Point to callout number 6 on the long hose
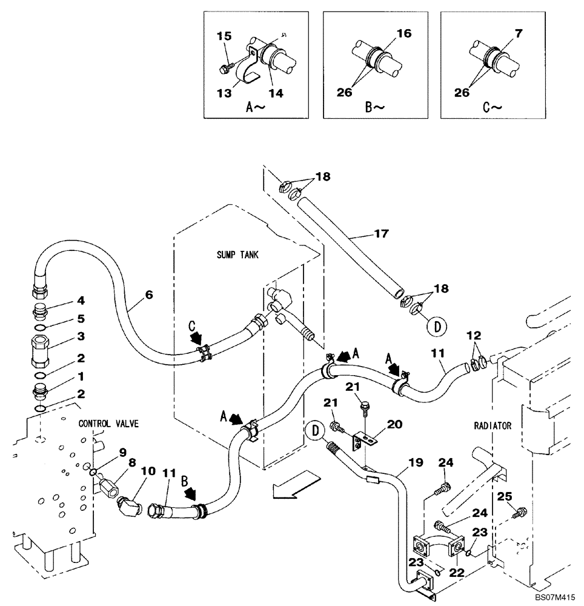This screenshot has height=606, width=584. coord(149,295)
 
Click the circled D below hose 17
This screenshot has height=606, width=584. coord(436,326)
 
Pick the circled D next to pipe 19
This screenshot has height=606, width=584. coord(314,431)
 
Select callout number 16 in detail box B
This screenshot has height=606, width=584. coord(405,34)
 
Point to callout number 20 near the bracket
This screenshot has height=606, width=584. coord(394,425)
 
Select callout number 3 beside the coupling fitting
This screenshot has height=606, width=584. coord(81,336)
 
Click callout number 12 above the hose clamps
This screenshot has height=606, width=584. coord(476,336)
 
